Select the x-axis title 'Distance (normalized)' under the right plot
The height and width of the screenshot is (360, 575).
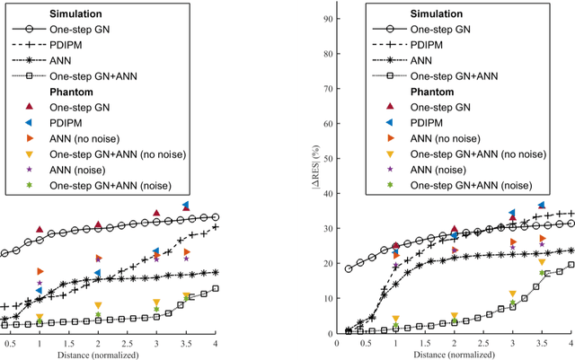454,353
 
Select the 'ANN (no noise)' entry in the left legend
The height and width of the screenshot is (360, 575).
86,137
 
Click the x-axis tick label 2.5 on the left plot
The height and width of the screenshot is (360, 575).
127,342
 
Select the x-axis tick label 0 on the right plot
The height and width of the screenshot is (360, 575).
337,342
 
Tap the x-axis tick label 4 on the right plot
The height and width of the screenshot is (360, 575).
571,342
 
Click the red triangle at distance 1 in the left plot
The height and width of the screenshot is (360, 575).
40,231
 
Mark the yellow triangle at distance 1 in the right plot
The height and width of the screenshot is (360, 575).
395,319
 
